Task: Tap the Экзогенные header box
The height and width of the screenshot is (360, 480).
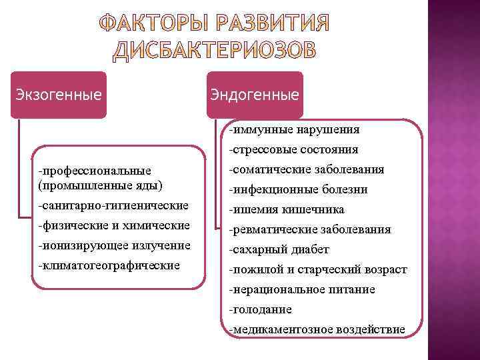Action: tap(59, 95)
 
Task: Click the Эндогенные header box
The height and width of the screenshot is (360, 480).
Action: tap(255, 95)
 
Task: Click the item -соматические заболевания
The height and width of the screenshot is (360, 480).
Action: tap(305, 169)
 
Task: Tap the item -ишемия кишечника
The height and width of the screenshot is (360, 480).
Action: tap(286, 209)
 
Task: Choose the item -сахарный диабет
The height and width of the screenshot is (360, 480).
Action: tap(279, 249)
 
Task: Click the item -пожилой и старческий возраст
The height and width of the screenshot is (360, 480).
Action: tap(317, 269)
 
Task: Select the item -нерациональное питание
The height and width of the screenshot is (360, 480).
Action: tap(301, 289)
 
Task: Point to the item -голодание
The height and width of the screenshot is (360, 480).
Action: tap(260, 309)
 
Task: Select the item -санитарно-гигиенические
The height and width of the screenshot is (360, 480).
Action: tap(113, 205)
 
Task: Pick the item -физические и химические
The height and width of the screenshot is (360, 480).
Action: tap(114, 225)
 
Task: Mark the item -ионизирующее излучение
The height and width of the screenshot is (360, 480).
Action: tap(114, 245)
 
